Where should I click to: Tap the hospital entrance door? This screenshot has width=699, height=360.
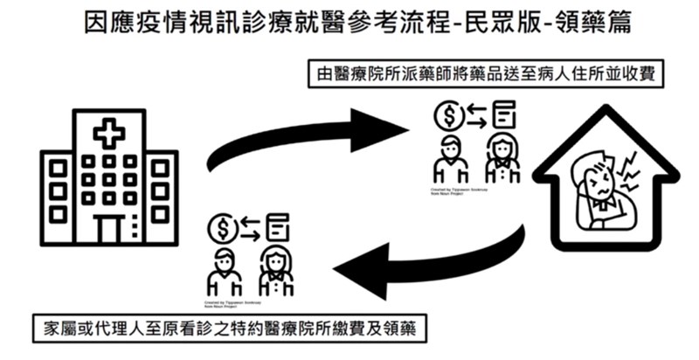click(x=109, y=230)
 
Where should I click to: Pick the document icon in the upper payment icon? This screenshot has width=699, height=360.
click(x=503, y=116)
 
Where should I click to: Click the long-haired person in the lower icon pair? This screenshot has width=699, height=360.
click(x=276, y=271)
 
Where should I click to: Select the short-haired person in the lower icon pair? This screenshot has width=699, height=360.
click(x=224, y=271)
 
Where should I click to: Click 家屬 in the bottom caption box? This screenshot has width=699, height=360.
click(x=59, y=330)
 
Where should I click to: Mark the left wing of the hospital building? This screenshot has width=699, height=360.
click(x=58, y=197)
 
